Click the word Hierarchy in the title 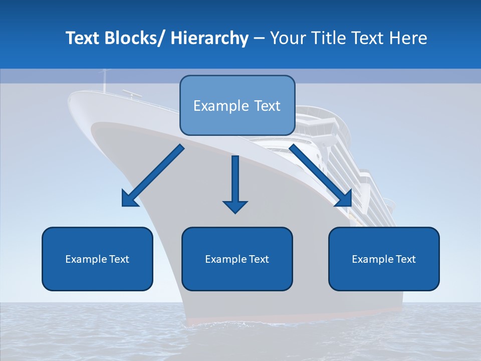point(209,39)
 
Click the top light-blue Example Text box point(237,106)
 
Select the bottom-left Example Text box point(97,259)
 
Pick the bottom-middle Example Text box point(237,259)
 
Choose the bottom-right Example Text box point(384,259)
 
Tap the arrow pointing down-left point(153,175)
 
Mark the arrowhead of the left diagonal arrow point(129,200)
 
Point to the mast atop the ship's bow point(105,80)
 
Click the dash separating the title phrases point(259,39)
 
